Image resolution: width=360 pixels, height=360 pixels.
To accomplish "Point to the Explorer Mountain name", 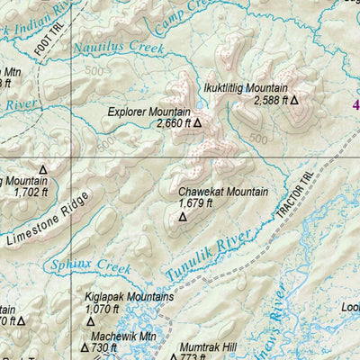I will point(148,112).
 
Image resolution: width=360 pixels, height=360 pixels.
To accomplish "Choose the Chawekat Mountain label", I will point(223,192).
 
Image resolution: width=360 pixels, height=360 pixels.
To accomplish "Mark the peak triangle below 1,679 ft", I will point(183,217).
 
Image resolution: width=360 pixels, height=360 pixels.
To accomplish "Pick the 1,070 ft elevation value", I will point(102,309).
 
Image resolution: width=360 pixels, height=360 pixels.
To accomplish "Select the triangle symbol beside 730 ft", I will point(85,347).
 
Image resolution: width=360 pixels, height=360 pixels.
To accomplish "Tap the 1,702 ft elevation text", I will point(20,191).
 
